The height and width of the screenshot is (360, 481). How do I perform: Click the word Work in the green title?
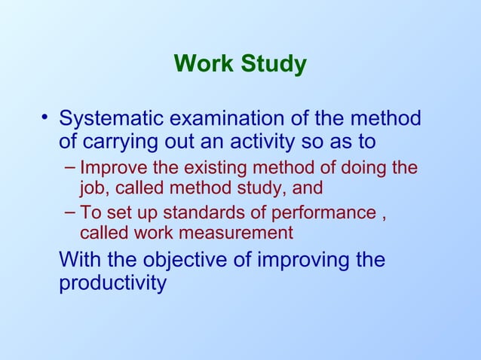tap(204, 65)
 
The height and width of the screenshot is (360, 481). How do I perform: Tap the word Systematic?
tap(112, 120)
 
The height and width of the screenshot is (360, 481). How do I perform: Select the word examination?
tap(227, 120)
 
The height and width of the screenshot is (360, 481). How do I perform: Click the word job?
tap(93, 188)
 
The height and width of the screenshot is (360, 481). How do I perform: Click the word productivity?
tap(112, 284)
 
